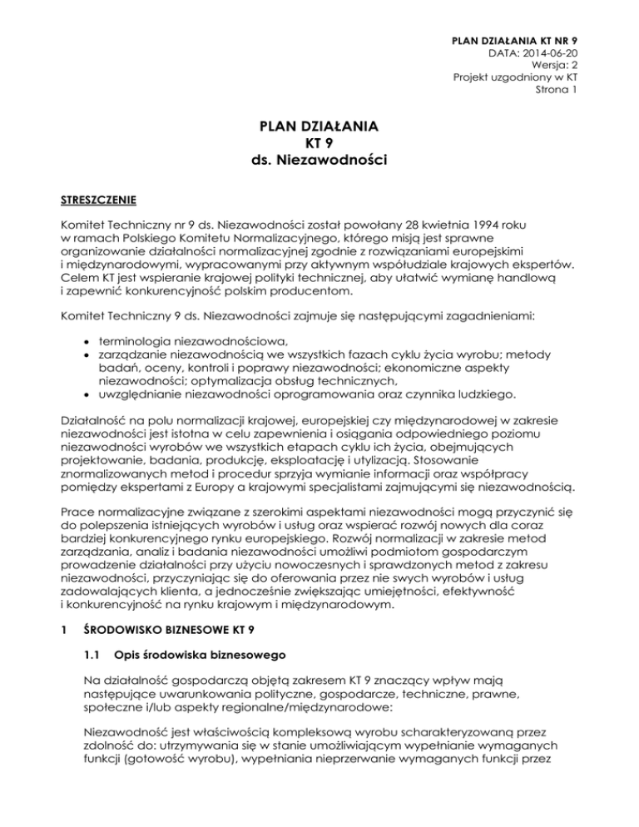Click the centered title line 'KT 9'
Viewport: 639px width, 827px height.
(x=319, y=142)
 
